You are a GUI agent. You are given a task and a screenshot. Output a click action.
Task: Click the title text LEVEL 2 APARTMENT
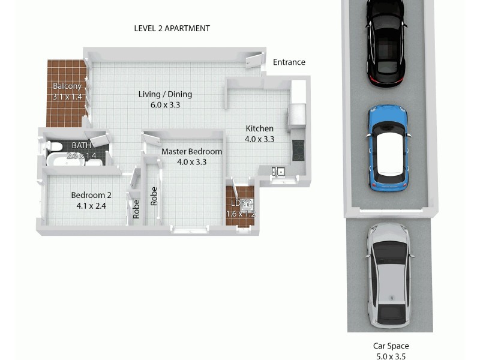[172, 28]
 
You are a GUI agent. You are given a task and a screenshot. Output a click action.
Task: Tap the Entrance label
[289, 62]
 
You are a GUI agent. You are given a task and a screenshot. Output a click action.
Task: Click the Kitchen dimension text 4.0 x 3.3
[260, 139]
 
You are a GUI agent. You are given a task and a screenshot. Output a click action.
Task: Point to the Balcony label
[66, 86]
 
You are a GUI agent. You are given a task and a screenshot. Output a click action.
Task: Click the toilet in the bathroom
[54, 146]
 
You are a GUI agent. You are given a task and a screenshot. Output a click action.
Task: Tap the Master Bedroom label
[191, 152]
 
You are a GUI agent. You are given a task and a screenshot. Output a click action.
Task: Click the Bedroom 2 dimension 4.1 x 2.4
[91, 206]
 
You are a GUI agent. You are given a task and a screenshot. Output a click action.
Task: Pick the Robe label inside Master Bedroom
[154, 196]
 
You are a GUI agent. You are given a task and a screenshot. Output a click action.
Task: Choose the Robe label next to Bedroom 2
[136, 208]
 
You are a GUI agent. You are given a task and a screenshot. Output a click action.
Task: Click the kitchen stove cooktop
[298, 149]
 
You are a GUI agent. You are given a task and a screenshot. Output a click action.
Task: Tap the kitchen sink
[278, 172]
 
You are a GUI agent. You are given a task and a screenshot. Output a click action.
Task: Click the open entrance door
[254, 61]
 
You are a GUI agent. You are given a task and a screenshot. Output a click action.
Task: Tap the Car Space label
[390, 346]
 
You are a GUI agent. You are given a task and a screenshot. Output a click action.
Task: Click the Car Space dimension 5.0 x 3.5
[390, 356]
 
